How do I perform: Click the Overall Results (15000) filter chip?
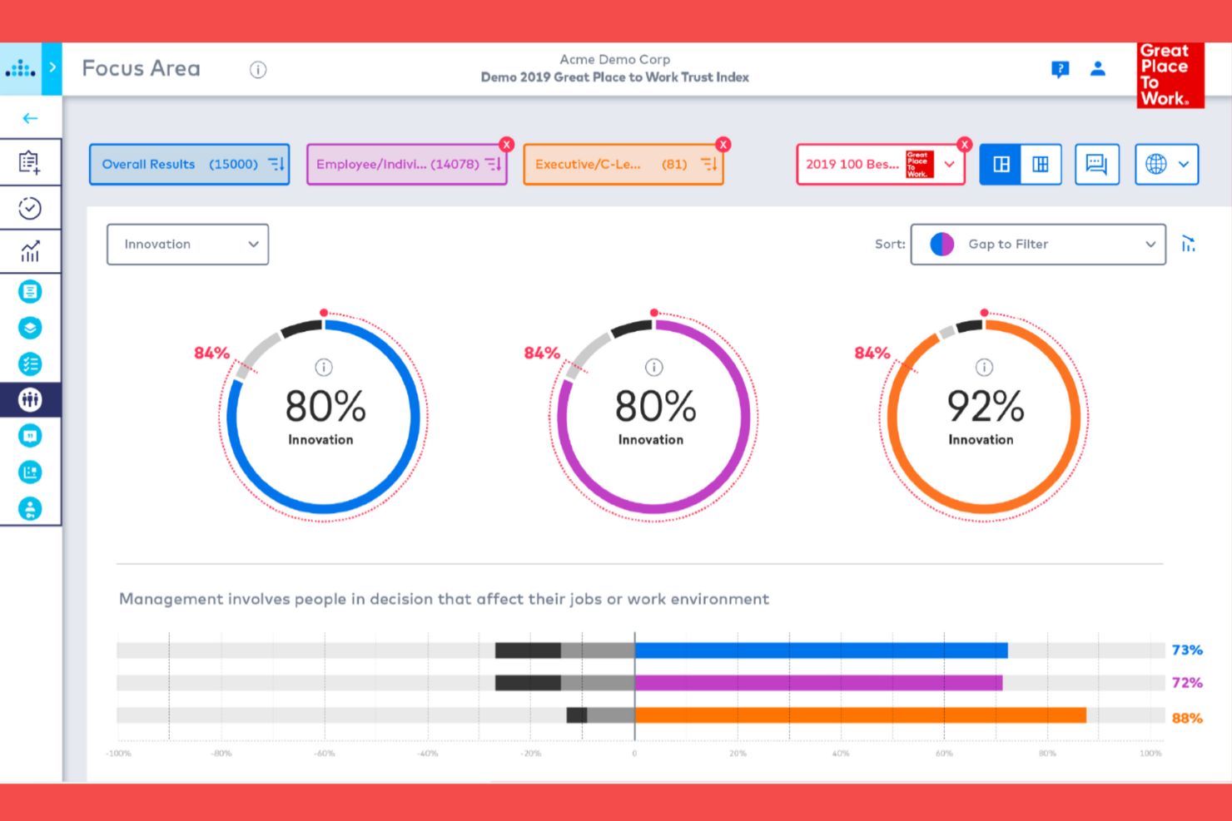pos(189,165)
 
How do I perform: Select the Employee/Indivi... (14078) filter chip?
pos(406,165)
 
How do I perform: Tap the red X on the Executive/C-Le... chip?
pos(723,145)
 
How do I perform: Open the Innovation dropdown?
pos(188,245)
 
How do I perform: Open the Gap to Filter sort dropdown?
pos(1038,245)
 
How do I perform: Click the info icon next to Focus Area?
pos(258,70)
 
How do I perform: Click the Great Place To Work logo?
pos(1170,76)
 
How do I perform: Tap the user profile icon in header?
pos(1098,69)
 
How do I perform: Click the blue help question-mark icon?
pos(1060,69)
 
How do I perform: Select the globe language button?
pos(1166,165)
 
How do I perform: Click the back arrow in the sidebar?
pos(30,118)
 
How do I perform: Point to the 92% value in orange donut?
pos(985,407)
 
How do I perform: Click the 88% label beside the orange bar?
pos(1187,718)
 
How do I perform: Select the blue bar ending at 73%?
pos(821,650)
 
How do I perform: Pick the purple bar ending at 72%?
pos(818,683)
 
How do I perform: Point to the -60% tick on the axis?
pos(325,753)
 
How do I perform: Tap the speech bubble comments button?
pos(1096,165)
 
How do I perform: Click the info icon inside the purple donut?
pos(654,367)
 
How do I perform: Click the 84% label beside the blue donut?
pos(211,353)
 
